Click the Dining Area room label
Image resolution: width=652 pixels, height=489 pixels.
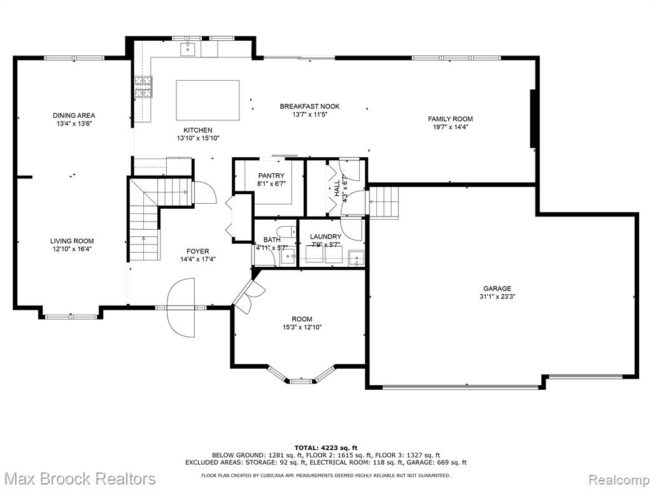pyautogui.click(x=74, y=115)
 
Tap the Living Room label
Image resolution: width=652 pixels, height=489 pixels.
pyautogui.click(x=72, y=241)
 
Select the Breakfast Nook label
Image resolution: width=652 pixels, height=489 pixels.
pyautogui.click(x=309, y=106)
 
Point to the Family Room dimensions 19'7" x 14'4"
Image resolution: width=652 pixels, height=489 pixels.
pyautogui.click(x=450, y=127)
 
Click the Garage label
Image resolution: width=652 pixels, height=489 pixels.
pyautogui.click(x=497, y=288)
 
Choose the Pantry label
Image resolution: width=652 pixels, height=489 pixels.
pyautogui.click(x=271, y=176)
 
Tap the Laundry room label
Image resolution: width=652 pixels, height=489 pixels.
pyautogui.click(x=325, y=237)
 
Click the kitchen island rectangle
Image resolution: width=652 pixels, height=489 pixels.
pyautogui.click(x=208, y=100)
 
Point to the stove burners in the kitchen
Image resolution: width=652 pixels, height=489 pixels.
pyautogui.click(x=143, y=87)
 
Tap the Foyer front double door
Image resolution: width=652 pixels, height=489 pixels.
pyautogui.click(x=181, y=308)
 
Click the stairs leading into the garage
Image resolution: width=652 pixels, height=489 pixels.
pyautogui.click(x=384, y=202)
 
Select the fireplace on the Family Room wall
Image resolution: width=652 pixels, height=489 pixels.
pyautogui.click(x=532, y=118)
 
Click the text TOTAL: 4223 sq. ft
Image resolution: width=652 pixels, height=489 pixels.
pyautogui.click(x=326, y=448)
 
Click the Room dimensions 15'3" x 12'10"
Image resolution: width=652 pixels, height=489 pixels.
pyautogui.click(x=302, y=327)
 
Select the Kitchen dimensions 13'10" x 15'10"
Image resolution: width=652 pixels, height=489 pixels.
pyautogui.click(x=198, y=138)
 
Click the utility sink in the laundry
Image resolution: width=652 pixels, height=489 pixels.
pyautogui.click(x=357, y=258)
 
